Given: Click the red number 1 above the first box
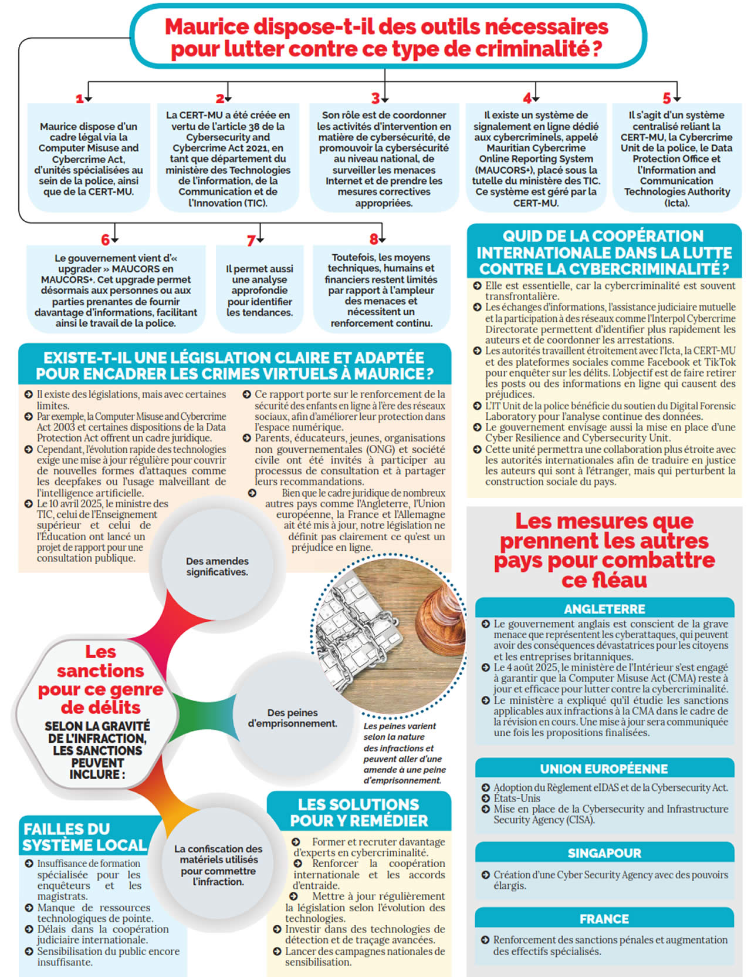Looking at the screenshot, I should pyautogui.click(x=80, y=99).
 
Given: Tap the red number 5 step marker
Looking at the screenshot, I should pyautogui.click(x=667, y=98).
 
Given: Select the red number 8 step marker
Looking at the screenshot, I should pyautogui.click(x=374, y=239).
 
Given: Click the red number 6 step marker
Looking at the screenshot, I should pyautogui.click(x=105, y=240).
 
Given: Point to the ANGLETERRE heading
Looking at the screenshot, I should pyautogui.click(x=604, y=609).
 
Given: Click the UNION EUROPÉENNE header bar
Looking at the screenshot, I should pyautogui.click(x=604, y=769).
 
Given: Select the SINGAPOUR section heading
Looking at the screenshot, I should pyautogui.click(x=604, y=853).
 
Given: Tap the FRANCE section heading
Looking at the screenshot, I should pyautogui.click(x=604, y=919).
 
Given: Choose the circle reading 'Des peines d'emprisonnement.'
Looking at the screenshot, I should pyautogui.click(x=292, y=717).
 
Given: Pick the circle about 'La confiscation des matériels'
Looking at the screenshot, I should pyautogui.click(x=218, y=865).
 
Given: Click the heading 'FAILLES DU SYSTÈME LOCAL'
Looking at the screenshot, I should pyautogui.click(x=84, y=837).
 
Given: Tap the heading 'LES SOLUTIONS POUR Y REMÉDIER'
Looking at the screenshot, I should pyautogui.click(x=358, y=812).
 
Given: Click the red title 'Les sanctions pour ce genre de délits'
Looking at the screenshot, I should pyautogui.click(x=100, y=679).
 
